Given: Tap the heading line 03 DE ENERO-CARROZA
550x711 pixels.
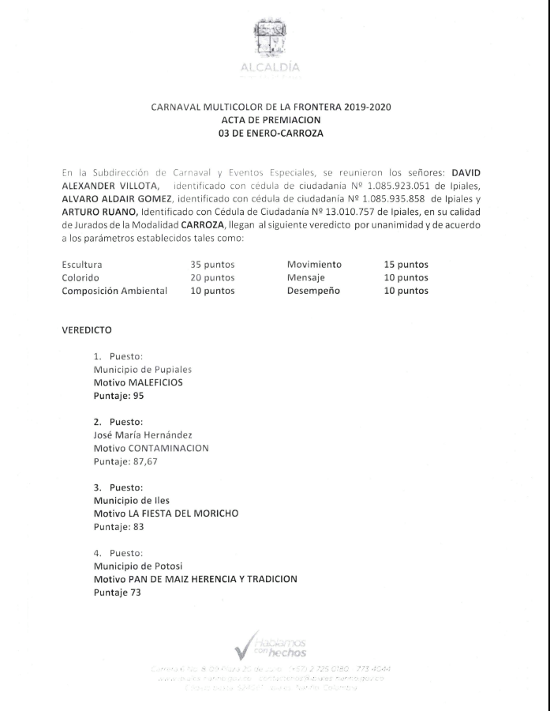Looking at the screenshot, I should (x=271, y=134).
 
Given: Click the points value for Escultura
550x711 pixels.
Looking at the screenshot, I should (x=212, y=265).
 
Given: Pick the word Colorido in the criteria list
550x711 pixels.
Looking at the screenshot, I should (x=80, y=277).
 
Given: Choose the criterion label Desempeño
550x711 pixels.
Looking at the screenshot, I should (x=313, y=291).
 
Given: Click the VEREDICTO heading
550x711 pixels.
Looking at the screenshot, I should (x=87, y=329).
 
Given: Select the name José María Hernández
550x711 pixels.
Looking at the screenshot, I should (x=143, y=435).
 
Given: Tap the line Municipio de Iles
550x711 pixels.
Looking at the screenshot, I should (x=132, y=500).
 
